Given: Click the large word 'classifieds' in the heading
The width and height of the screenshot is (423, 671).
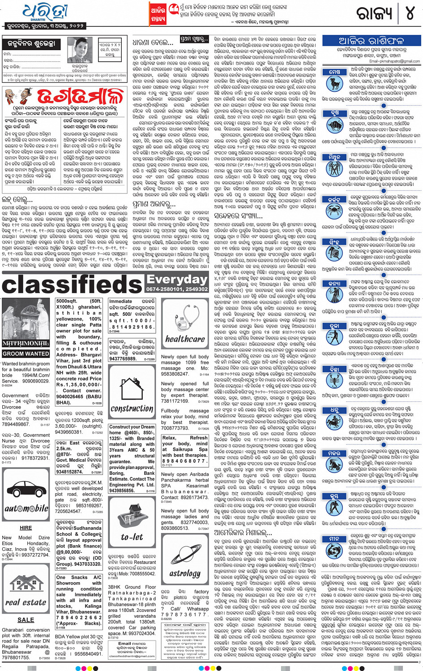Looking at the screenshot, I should click(72, 285).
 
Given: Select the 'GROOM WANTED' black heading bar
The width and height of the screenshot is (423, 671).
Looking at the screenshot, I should click(26, 353).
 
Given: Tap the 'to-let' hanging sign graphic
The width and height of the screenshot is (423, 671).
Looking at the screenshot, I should click(132, 522).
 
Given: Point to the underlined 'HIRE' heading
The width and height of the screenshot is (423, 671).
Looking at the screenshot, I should click(26, 528).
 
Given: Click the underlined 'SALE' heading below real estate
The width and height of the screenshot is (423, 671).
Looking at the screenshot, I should click(26, 620).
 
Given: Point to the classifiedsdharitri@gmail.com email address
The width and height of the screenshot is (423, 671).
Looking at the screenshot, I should click(132, 656).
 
